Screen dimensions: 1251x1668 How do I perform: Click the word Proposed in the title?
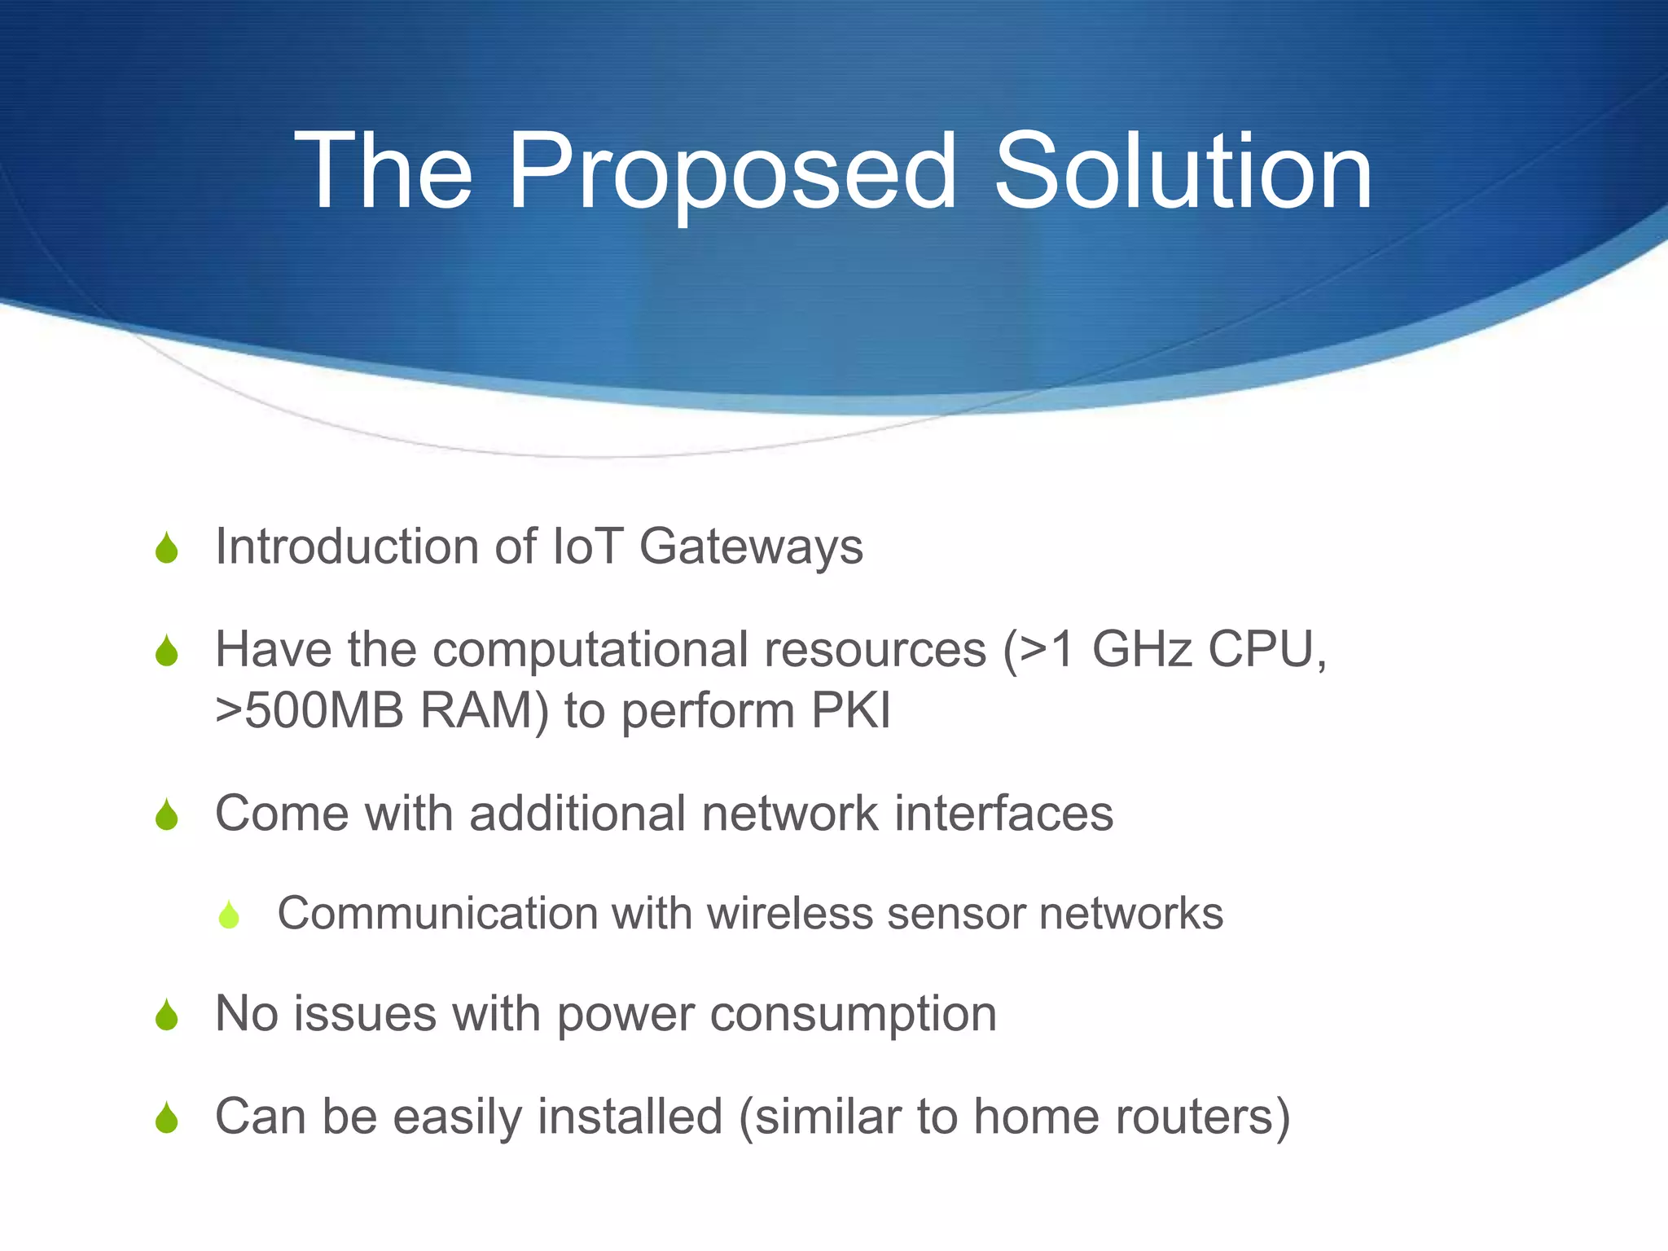click(x=731, y=173)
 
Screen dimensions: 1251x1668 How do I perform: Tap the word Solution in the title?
click(x=1183, y=173)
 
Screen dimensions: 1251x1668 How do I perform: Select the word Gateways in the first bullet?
click(x=751, y=546)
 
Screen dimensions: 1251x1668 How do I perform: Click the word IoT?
click(x=588, y=546)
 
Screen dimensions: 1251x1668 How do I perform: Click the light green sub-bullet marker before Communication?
click(x=229, y=915)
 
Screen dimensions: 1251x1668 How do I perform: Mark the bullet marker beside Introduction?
click(x=167, y=548)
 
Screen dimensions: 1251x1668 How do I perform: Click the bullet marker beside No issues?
click(x=167, y=1016)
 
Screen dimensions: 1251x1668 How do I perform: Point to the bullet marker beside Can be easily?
click(x=167, y=1118)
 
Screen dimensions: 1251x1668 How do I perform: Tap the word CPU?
click(x=1267, y=650)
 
